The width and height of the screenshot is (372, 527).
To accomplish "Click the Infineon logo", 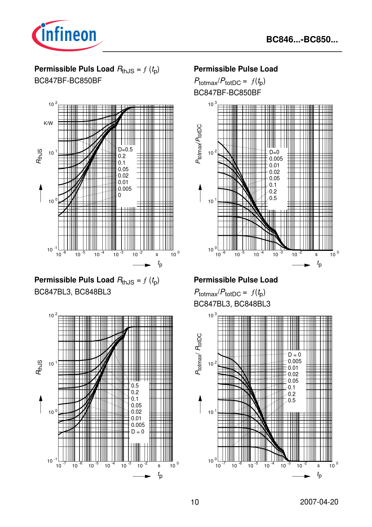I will click(x=67, y=35).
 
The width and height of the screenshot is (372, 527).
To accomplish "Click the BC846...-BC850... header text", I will click(x=302, y=40).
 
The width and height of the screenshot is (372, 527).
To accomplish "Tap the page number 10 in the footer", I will click(x=195, y=502).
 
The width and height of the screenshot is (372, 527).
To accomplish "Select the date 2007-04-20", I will click(x=319, y=502).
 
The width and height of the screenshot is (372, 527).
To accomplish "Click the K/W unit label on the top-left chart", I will click(x=48, y=123).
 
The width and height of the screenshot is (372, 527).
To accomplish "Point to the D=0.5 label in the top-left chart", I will click(x=125, y=150).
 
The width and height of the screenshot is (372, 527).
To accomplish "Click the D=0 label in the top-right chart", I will click(x=274, y=152).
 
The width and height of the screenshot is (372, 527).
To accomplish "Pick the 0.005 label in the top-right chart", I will click(x=276, y=159).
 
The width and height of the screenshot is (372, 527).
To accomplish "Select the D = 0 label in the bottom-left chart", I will click(x=137, y=432).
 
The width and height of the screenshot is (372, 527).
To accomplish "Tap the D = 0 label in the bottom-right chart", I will click(x=294, y=355).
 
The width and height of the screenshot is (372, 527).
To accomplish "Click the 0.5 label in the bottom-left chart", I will click(x=135, y=385).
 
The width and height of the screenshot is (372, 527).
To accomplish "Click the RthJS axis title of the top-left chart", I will click(x=39, y=156).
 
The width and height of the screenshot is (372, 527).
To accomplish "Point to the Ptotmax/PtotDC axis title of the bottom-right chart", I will click(x=198, y=354).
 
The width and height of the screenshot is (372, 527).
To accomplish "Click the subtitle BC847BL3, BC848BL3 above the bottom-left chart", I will click(x=73, y=292).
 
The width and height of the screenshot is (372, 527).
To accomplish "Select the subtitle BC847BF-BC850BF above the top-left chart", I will click(x=68, y=81).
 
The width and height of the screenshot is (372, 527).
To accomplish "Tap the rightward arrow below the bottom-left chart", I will click(x=142, y=476).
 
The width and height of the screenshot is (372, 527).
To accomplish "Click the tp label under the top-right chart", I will click(x=319, y=264).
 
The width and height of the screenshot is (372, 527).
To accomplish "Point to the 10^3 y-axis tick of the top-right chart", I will click(x=212, y=104).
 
